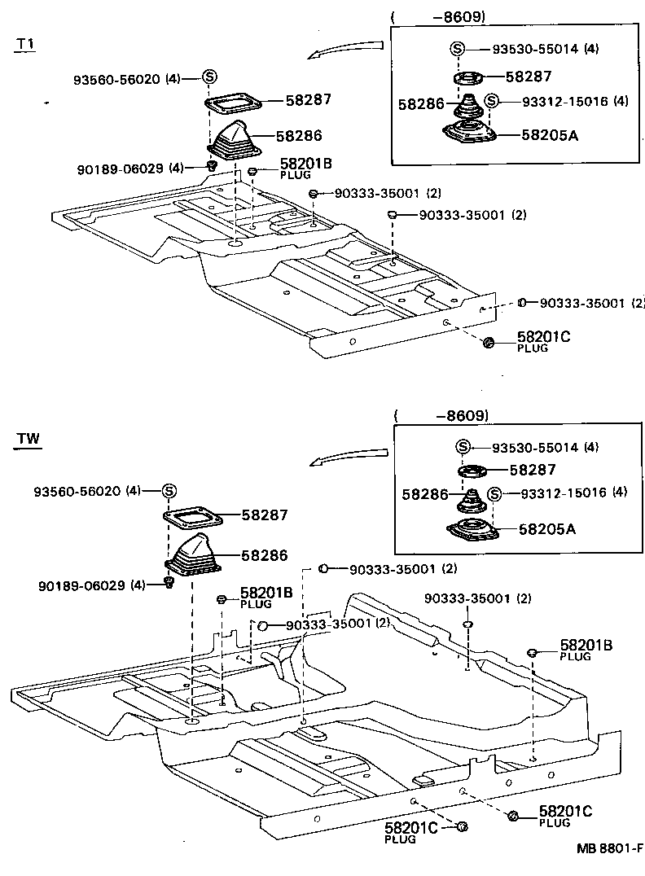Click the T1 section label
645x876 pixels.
point(25,44)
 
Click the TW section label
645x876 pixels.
point(28,438)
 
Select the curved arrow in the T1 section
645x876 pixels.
point(344,49)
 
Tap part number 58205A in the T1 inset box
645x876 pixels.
point(550,135)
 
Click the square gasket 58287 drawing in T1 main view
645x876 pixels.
point(231,103)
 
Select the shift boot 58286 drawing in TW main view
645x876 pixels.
point(194,554)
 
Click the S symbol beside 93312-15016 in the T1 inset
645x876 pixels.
point(491,101)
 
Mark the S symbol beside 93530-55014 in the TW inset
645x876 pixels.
point(463,447)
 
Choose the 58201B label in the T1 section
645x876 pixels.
point(305,163)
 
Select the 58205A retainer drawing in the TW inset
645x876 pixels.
point(472,529)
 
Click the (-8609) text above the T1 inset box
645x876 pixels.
point(438,17)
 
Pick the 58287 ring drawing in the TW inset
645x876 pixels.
point(472,471)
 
